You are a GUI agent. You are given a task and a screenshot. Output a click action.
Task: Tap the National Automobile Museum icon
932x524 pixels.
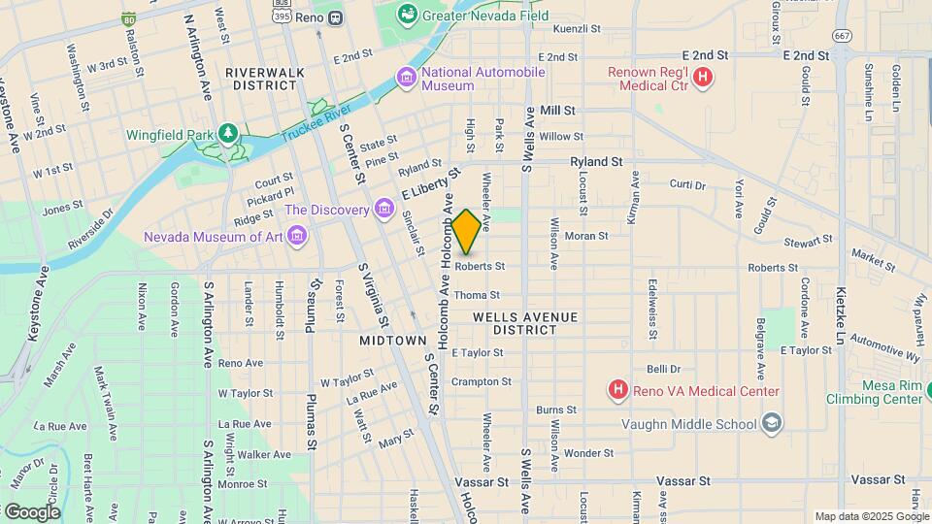pos(406,77)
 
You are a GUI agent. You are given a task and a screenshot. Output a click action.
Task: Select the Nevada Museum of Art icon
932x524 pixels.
pos(297,237)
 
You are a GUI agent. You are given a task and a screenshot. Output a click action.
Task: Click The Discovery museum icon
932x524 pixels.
pos(383,210)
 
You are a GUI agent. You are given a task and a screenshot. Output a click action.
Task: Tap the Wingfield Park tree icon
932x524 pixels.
pos(228,132)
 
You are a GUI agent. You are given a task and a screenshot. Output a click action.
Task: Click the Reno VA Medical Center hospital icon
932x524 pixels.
pos(617,391)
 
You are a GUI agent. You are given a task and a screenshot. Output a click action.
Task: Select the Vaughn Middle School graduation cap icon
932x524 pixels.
pos(771,422)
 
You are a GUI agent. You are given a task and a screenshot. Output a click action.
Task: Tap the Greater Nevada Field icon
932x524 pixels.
pos(406,15)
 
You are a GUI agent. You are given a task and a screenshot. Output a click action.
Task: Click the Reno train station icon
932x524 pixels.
pos(334,16)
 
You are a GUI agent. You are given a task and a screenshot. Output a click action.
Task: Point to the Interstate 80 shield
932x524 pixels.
pos(129,18)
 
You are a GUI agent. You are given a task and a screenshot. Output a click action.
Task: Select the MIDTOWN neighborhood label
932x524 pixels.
pos(393,341)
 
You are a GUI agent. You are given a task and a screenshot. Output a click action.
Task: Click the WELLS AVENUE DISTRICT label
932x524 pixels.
pos(525,323)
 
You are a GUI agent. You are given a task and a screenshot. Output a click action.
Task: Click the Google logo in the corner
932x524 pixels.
pos(32,511)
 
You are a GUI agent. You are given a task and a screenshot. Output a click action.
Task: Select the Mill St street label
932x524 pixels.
pos(558,112)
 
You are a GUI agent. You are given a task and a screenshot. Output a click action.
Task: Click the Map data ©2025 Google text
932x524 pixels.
pos(871,516)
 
